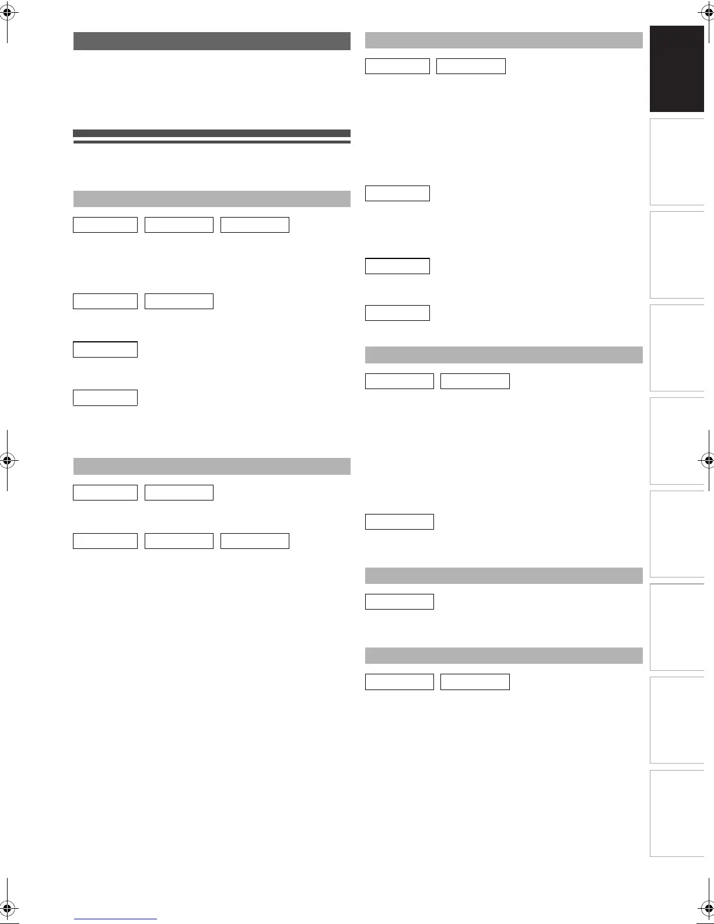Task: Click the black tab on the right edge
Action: (x=677, y=69)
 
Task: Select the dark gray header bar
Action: (x=212, y=41)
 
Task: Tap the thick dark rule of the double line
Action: (x=212, y=133)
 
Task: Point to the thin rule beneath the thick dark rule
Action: (x=212, y=142)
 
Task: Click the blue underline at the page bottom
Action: (x=116, y=919)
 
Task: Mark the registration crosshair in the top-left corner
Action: (x=7, y=12)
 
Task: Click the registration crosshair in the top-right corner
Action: (x=707, y=12)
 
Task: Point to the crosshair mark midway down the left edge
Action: (x=7, y=460)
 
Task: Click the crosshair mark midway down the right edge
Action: (x=707, y=460)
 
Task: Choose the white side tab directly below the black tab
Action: (x=677, y=162)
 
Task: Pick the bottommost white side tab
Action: (x=677, y=813)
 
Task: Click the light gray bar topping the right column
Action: (x=503, y=40)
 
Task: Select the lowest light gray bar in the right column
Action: (x=503, y=656)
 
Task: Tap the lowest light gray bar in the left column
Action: (x=212, y=467)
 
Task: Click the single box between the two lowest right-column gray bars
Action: (x=400, y=601)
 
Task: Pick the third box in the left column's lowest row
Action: (x=255, y=541)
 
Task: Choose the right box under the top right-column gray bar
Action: (x=471, y=66)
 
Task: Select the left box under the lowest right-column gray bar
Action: (x=400, y=682)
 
